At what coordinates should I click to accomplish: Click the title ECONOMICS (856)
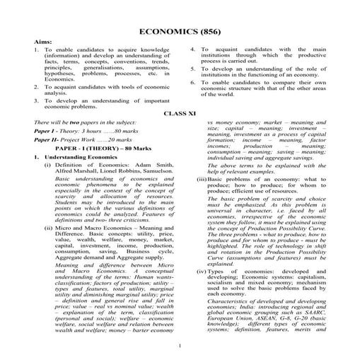[x=180, y=33]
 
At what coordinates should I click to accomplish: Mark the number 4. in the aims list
[x=193, y=50]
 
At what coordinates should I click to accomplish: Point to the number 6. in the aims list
[x=193, y=83]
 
